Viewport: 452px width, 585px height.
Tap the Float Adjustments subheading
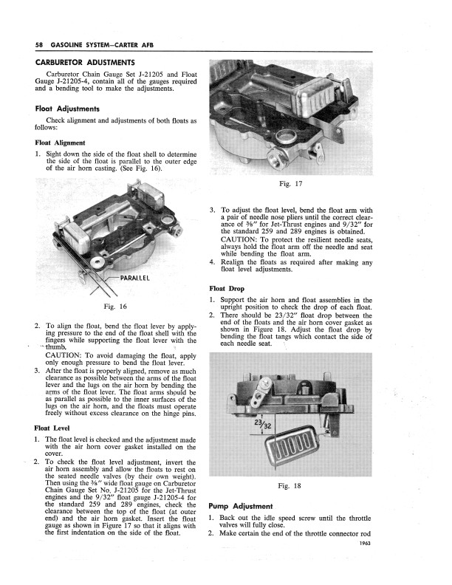(x=70, y=109)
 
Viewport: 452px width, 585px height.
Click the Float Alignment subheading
(x=60, y=143)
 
